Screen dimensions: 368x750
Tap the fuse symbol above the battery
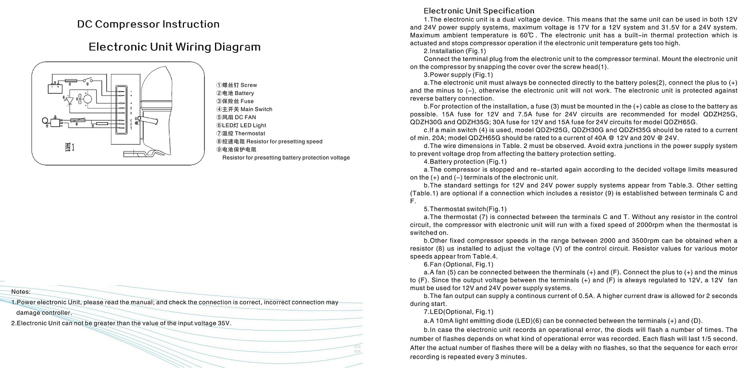pos(71,80)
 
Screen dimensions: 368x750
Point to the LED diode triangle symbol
pos(70,100)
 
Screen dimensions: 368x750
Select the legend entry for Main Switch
pos(244,109)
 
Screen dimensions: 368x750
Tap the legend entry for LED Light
pos(241,125)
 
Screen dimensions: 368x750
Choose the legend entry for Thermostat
pos(240,133)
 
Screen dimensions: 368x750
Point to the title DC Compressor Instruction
pos(148,24)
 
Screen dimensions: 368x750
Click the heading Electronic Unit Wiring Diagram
pos(174,47)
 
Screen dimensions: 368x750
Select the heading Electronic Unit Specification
pos(479,10)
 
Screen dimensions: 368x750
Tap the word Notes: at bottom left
pos(21,291)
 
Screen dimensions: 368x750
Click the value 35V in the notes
pos(224,323)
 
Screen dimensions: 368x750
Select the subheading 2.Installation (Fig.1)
pos(454,51)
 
